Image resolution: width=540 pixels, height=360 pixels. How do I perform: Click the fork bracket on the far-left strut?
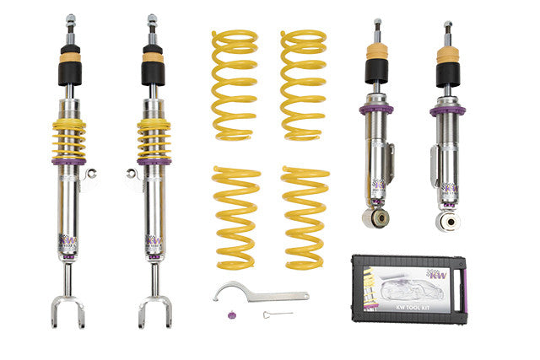[x=67, y=308]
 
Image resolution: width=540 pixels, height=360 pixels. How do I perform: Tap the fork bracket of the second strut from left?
[x=155, y=308]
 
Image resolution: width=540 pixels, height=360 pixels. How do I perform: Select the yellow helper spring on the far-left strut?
[x=68, y=137]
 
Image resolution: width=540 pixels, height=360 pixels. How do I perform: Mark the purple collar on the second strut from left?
[x=154, y=160]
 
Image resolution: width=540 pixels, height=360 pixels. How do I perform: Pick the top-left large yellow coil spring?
[x=234, y=84]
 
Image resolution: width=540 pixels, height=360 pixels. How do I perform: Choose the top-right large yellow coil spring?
[x=303, y=84]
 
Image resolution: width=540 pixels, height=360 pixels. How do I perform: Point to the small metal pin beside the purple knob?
[x=272, y=315]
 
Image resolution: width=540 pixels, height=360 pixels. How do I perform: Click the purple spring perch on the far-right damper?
[x=447, y=110]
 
